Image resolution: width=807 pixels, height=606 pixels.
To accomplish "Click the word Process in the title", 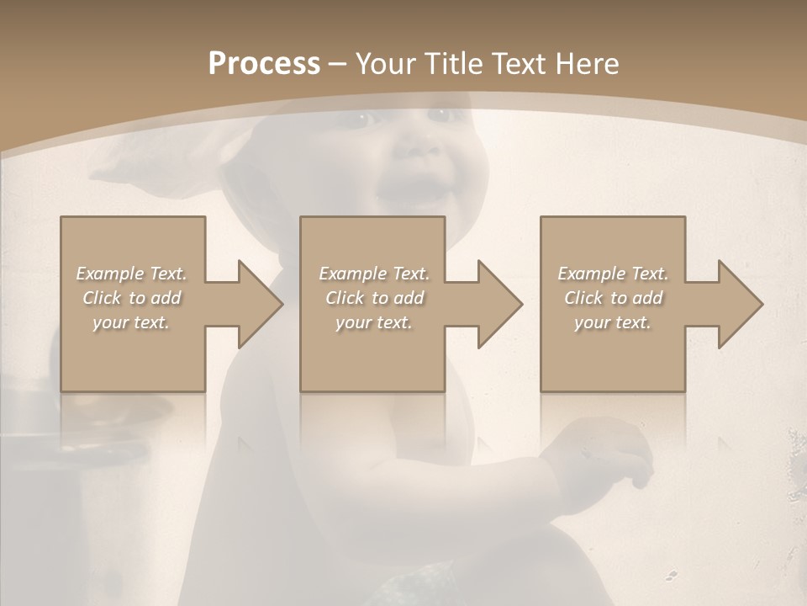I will (264, 64).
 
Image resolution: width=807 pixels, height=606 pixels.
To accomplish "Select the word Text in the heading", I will (520, 64).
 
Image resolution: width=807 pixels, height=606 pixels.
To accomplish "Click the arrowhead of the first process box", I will (260, 304).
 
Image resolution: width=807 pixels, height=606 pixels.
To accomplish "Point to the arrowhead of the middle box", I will (499, 304).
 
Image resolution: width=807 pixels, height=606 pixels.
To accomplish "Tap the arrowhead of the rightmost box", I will (740, 304).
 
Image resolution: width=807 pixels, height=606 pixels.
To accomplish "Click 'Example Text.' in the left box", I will (131, 274).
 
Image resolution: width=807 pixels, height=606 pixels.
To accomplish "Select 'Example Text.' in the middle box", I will (374, 274).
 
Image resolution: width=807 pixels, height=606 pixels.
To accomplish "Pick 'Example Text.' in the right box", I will (613, 274).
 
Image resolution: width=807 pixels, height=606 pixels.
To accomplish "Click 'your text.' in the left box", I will (131, 322).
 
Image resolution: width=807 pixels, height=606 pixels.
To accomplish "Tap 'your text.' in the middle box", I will (374, 322).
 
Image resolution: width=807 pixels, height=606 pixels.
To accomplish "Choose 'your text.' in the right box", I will (613, 322).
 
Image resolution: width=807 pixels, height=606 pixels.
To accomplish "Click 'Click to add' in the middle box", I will (374, 298).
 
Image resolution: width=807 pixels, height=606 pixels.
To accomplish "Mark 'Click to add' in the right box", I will (613, 298).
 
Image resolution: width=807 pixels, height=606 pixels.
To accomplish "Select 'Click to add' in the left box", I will (131, 298).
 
